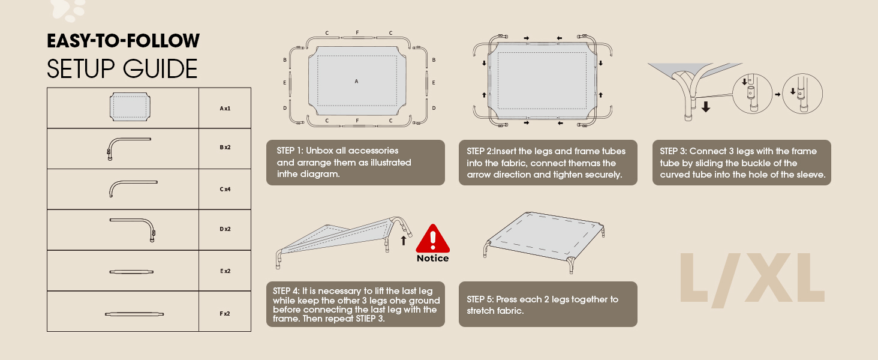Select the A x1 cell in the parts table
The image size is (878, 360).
point(225,109)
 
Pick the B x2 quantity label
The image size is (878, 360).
point(225,148)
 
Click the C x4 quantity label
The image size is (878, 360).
point(225,189)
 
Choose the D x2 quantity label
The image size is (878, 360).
point(225,229)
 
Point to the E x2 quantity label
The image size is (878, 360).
point(225,271)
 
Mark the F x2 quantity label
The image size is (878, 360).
point(225,313)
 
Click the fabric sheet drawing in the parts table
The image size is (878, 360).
point(128,107)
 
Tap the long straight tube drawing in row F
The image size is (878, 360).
point(134,314)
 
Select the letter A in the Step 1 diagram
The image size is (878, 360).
point(356,81)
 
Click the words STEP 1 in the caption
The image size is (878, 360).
point(290,151)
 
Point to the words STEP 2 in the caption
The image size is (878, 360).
point(481,151)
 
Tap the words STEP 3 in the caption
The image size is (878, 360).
point(673,151)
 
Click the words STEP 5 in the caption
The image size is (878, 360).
point(480,299)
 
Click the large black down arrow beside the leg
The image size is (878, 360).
point(706,107)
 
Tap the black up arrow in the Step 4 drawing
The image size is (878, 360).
point(404,241)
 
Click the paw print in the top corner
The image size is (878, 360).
point(67,9)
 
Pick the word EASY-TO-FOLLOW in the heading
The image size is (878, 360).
point(123,41)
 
